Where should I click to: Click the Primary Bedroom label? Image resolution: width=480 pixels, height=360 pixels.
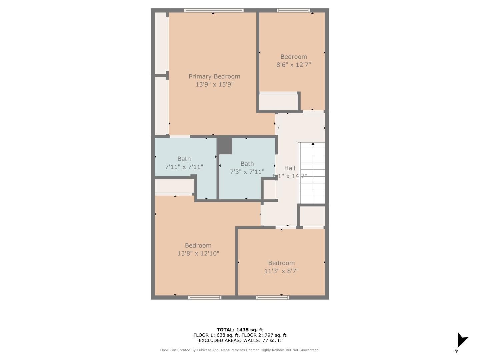(x=214, y=76)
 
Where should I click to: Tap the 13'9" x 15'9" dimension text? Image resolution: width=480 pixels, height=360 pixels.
(x=214, y=85)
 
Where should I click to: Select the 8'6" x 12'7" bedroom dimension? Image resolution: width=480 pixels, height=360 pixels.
(x=293, y=65)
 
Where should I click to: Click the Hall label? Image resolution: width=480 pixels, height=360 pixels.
(x=290, y=168)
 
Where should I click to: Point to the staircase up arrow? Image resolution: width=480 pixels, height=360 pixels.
(x=313, y=144)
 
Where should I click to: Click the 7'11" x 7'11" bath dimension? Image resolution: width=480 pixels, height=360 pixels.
(x=184, y=167)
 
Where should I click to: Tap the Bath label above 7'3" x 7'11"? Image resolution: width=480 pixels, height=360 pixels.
(x=247, y=164)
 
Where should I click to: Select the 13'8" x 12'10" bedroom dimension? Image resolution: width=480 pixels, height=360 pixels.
(x=198, y=253)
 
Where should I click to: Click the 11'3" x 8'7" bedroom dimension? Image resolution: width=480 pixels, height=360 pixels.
(x=281, y=271)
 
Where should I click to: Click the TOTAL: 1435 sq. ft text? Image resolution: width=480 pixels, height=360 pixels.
(x=240, y=330)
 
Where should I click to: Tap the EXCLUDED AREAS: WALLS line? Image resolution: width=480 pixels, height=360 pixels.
(x=240, y=340)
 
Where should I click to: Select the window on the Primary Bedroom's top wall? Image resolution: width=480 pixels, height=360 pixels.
(x=214, y=11)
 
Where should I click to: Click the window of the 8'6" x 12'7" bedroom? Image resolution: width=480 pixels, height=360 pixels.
(x=293, y=11)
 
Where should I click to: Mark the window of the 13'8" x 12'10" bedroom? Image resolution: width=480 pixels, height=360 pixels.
(x=205, y=297)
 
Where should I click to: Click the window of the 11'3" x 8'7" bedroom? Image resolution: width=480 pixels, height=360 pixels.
(x=272, y=297)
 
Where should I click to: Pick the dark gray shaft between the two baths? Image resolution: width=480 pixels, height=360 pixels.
(x=224, y=146)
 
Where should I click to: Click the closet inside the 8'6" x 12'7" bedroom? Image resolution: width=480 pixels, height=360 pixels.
(x=278, y=102)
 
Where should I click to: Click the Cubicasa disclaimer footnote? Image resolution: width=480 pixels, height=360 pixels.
(x=240, y=350)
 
